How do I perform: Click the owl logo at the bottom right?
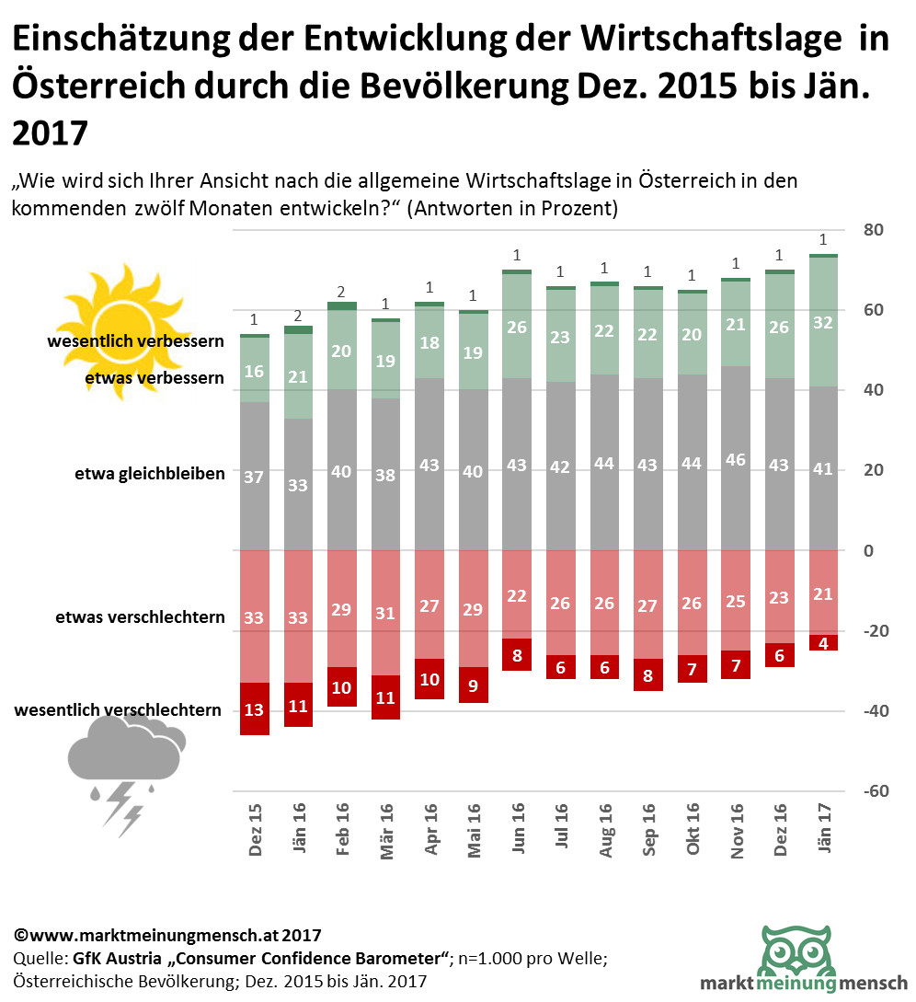pos(797,957)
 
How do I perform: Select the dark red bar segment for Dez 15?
pos(255,708)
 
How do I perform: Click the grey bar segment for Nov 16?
pos(737,458)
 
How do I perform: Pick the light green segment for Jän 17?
pos(823,322)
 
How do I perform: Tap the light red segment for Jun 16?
pos(518,594)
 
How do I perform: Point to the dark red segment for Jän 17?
pos(823,643)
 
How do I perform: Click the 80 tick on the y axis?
pos(873,230)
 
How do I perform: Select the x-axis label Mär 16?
pos(386,831)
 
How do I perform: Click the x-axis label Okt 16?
pos(693,831)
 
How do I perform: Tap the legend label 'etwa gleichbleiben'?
pos(150,475)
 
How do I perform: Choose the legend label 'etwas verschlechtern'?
pos(139,616)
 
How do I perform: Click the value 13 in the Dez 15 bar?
pos(255,708)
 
